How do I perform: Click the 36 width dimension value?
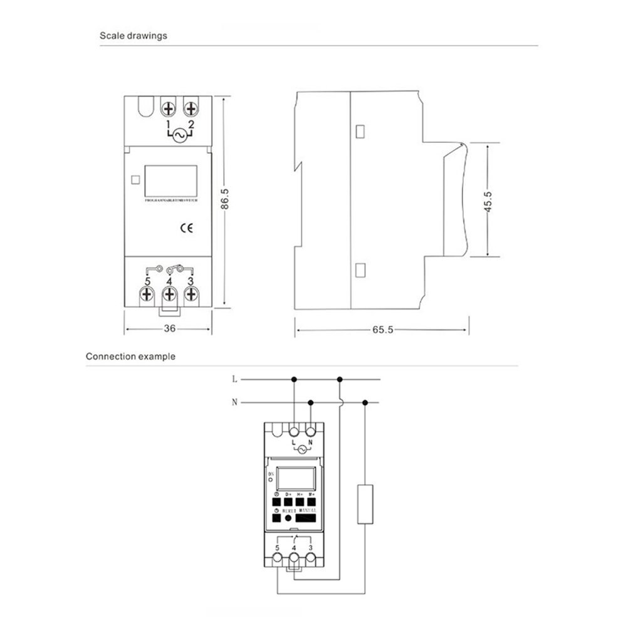point(169,328)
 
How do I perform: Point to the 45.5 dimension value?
point(488,201)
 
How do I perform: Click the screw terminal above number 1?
point(168,109)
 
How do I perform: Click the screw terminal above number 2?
point(191,109)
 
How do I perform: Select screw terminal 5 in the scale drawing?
point(147,293)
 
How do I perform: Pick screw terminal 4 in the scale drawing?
point(169,293)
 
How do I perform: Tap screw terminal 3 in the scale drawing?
point(191,293)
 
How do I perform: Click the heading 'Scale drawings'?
point(133,36)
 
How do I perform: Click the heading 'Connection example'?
point(130,357)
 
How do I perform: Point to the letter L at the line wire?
point(234,379)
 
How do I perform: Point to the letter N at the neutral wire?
point(234,402)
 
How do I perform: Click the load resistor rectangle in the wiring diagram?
point(365,503)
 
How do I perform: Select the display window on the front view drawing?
point(171,180)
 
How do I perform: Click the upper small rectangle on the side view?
point(360,132)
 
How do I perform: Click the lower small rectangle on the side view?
point(360,270)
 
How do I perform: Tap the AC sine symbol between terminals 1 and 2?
point(179,135)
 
